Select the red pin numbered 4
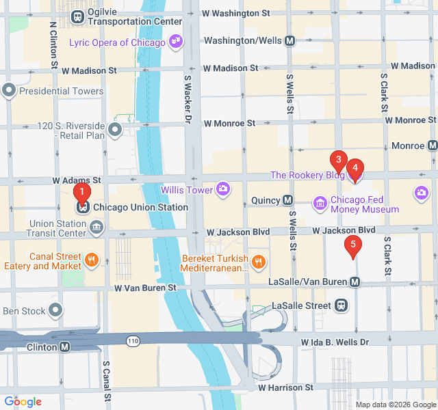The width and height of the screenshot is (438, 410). tap(355, 169)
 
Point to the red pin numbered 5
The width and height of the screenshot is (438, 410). tap(352, 245)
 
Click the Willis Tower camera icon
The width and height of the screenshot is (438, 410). tap(223, 189)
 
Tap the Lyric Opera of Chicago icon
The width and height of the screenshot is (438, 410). tap(176, 42)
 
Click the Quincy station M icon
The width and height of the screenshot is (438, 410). tap(288, 200)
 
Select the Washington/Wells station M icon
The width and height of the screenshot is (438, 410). tap(290, 40)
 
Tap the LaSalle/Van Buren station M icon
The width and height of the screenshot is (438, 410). tap(355, 282)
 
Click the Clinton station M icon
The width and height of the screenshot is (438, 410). tap(65, 347)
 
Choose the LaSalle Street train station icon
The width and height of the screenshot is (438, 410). tap(341, 305)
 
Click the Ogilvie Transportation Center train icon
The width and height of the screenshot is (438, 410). tap(79, 16)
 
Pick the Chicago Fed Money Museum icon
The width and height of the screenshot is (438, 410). tap(320, 203)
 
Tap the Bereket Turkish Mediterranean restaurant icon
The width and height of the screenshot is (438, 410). tap(258, 261)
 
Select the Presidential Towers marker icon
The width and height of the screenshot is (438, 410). tap(9, 90)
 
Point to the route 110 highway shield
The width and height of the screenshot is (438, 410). tap(132, 339)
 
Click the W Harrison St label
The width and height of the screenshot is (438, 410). tap(285, 387)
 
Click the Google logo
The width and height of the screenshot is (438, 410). tap(23, 402)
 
